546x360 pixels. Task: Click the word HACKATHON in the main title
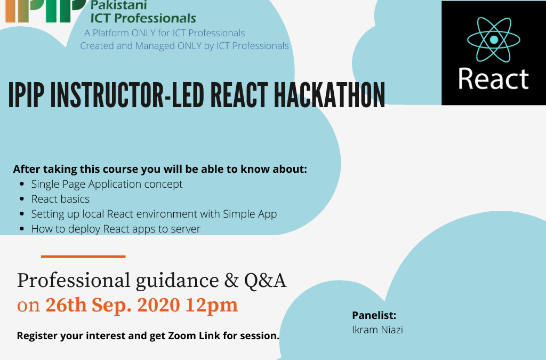(x=329, y=95)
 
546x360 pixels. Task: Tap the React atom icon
(x=494, y=39)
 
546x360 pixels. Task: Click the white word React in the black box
(x=493, y=79)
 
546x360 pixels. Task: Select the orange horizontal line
(x=83, y=257)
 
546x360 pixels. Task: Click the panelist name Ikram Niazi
(x=378, y=330)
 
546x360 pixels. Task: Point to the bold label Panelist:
(x=374, y=315)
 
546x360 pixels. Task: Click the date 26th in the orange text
(x=66, y=305)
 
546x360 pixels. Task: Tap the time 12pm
(x=212, y=306)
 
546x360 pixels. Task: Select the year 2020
(x=158, y=305)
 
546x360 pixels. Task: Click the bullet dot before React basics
(x=22, y=199)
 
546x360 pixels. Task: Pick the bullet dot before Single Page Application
(x=22, y=184)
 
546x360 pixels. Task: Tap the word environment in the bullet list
(x=168, y=214)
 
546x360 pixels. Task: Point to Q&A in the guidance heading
(x=265, y=281)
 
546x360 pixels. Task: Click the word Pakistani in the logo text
(x=119, y=5)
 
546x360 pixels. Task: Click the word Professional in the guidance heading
(x=74, y=281)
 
